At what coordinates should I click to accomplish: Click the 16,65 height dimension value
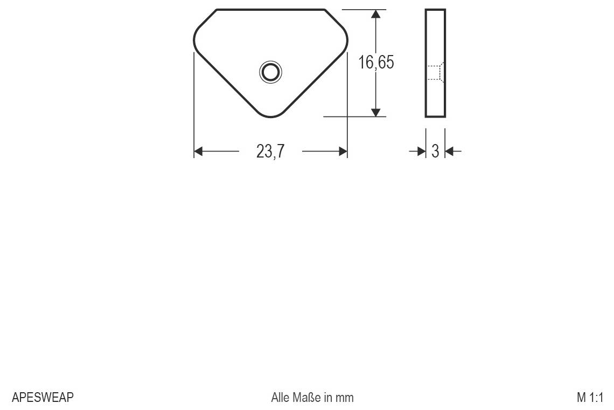376,63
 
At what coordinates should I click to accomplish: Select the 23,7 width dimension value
270,152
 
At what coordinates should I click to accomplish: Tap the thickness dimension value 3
435,152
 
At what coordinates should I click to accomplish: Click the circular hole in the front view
270,72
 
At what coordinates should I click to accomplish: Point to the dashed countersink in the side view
436,72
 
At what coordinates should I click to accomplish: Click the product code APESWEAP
43,398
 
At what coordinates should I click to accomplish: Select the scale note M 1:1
590,398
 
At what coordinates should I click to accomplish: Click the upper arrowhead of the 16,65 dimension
376,15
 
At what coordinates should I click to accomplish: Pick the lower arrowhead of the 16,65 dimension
376,112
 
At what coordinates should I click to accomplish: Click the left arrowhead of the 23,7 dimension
198,152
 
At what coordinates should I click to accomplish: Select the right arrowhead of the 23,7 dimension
343,152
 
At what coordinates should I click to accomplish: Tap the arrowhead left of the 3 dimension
421,152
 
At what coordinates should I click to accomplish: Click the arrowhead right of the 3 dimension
450,152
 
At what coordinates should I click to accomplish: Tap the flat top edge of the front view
270,10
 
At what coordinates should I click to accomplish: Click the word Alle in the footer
281,398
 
